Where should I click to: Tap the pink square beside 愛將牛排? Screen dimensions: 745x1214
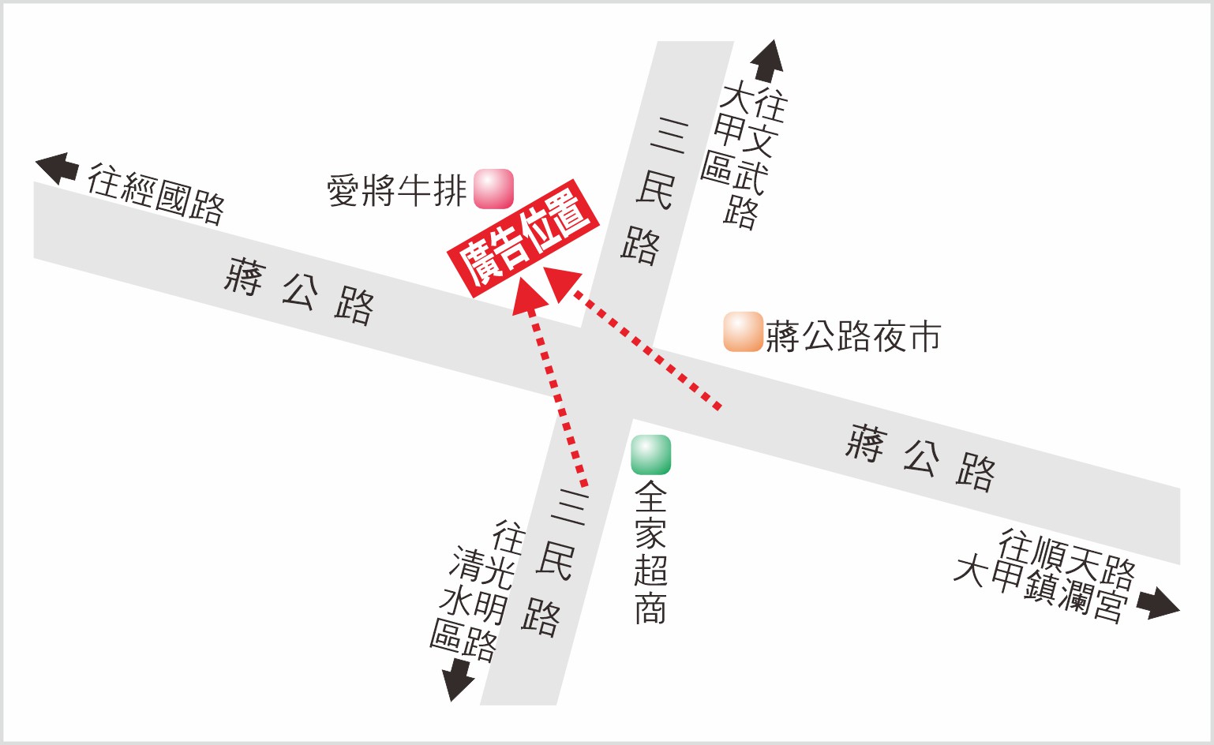point(493,189)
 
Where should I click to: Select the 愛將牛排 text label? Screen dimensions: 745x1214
point(397,191)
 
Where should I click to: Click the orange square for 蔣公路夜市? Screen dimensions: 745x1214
point(743,332)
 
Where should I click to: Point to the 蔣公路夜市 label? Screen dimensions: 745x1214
point(853,337)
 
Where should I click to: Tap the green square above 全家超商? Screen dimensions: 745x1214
point(651,455)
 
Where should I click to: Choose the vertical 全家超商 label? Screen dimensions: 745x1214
point(651,552)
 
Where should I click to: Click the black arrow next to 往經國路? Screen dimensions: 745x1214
point(58,168)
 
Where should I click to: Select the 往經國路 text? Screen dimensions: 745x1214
point(156,194)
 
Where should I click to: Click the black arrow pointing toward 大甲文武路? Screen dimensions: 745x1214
point(766,61)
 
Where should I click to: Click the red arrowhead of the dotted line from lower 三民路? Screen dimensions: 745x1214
point(530,296)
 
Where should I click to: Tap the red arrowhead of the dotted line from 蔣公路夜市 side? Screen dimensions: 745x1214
point(565,285)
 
